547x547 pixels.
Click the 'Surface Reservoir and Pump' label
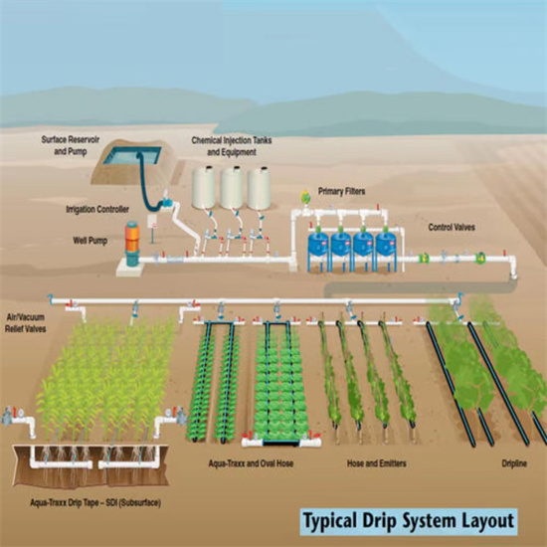[x=71, y=145]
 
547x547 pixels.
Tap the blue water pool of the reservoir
[x=132, y=155]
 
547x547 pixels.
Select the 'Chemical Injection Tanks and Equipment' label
[x=232, y=146]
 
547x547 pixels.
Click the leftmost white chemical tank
[x=203, y=187]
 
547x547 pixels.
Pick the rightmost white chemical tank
[x=259, y=188]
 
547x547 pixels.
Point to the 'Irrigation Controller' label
[x=97, y=209]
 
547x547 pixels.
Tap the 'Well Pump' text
[x=90, y=241]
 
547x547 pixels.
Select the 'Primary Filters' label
[x=341, y=191]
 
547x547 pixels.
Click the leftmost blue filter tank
[x=318, y=245]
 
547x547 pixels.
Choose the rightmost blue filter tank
[x=386, y=245]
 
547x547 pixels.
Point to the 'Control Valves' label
[x=452, y=227]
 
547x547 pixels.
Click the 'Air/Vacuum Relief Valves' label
[x=26, y=322]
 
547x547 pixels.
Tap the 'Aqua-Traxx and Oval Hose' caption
[x=251, y=463]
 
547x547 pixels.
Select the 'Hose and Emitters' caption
[x=376, y=463]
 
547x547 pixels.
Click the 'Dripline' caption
[x=514, y=463]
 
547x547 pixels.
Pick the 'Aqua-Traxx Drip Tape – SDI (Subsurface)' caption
[x=95, y=503]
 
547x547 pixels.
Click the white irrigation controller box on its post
[x=152, y=221]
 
